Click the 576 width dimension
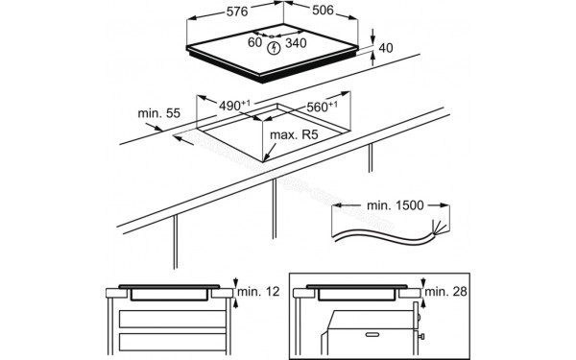coord(237,12)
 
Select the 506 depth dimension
coord(323,11)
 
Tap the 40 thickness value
coord(385,48)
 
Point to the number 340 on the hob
coord(296,43)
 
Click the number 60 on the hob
coord(254,42)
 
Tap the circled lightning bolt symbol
coord(274,48)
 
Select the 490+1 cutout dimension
coord(234,105)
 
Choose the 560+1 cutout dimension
coord(323,107)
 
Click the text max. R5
coord(294,134)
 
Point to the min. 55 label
coord(159,113)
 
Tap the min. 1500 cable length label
coord(396,205)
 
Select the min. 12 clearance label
coord(258,292)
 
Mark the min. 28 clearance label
coord(446,292)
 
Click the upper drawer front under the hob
coord(172,319)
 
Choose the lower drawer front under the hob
coord(172,343)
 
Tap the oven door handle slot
coord(372,335)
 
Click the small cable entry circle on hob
coord(272,36)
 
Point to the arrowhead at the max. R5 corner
coord(267,156)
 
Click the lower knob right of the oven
coord(421,336)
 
